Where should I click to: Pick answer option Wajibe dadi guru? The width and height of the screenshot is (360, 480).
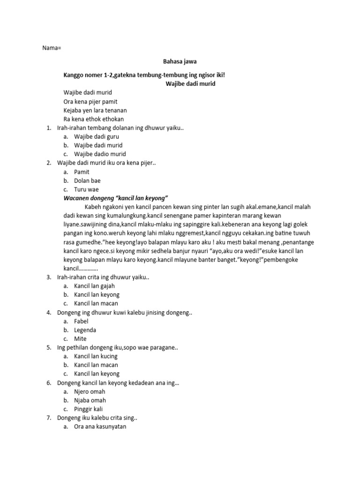[x=96, y=136]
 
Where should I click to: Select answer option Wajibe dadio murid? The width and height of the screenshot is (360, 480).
[x=100, y=154]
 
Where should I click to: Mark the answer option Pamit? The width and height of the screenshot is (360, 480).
[x=82, y=172]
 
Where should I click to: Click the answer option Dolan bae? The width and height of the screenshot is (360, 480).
[x=87, y=180]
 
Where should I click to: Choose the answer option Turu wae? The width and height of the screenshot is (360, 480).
[x=86, y=189]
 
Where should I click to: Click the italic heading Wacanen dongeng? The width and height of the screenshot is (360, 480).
[x=116, y=198]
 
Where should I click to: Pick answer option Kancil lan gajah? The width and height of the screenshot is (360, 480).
[x=94, y=285]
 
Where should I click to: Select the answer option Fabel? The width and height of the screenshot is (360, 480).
[x=81, y=321]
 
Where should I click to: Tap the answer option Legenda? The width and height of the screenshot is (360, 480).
[x=85, y=330]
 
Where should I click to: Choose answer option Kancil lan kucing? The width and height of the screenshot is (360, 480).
[x=96, y=356]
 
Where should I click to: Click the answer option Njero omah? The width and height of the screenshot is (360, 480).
[x=90, y=391]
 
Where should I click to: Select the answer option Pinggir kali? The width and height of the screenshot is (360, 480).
[x=88, y=409]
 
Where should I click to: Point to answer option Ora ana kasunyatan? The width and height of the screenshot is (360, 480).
[x=100, y=427]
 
